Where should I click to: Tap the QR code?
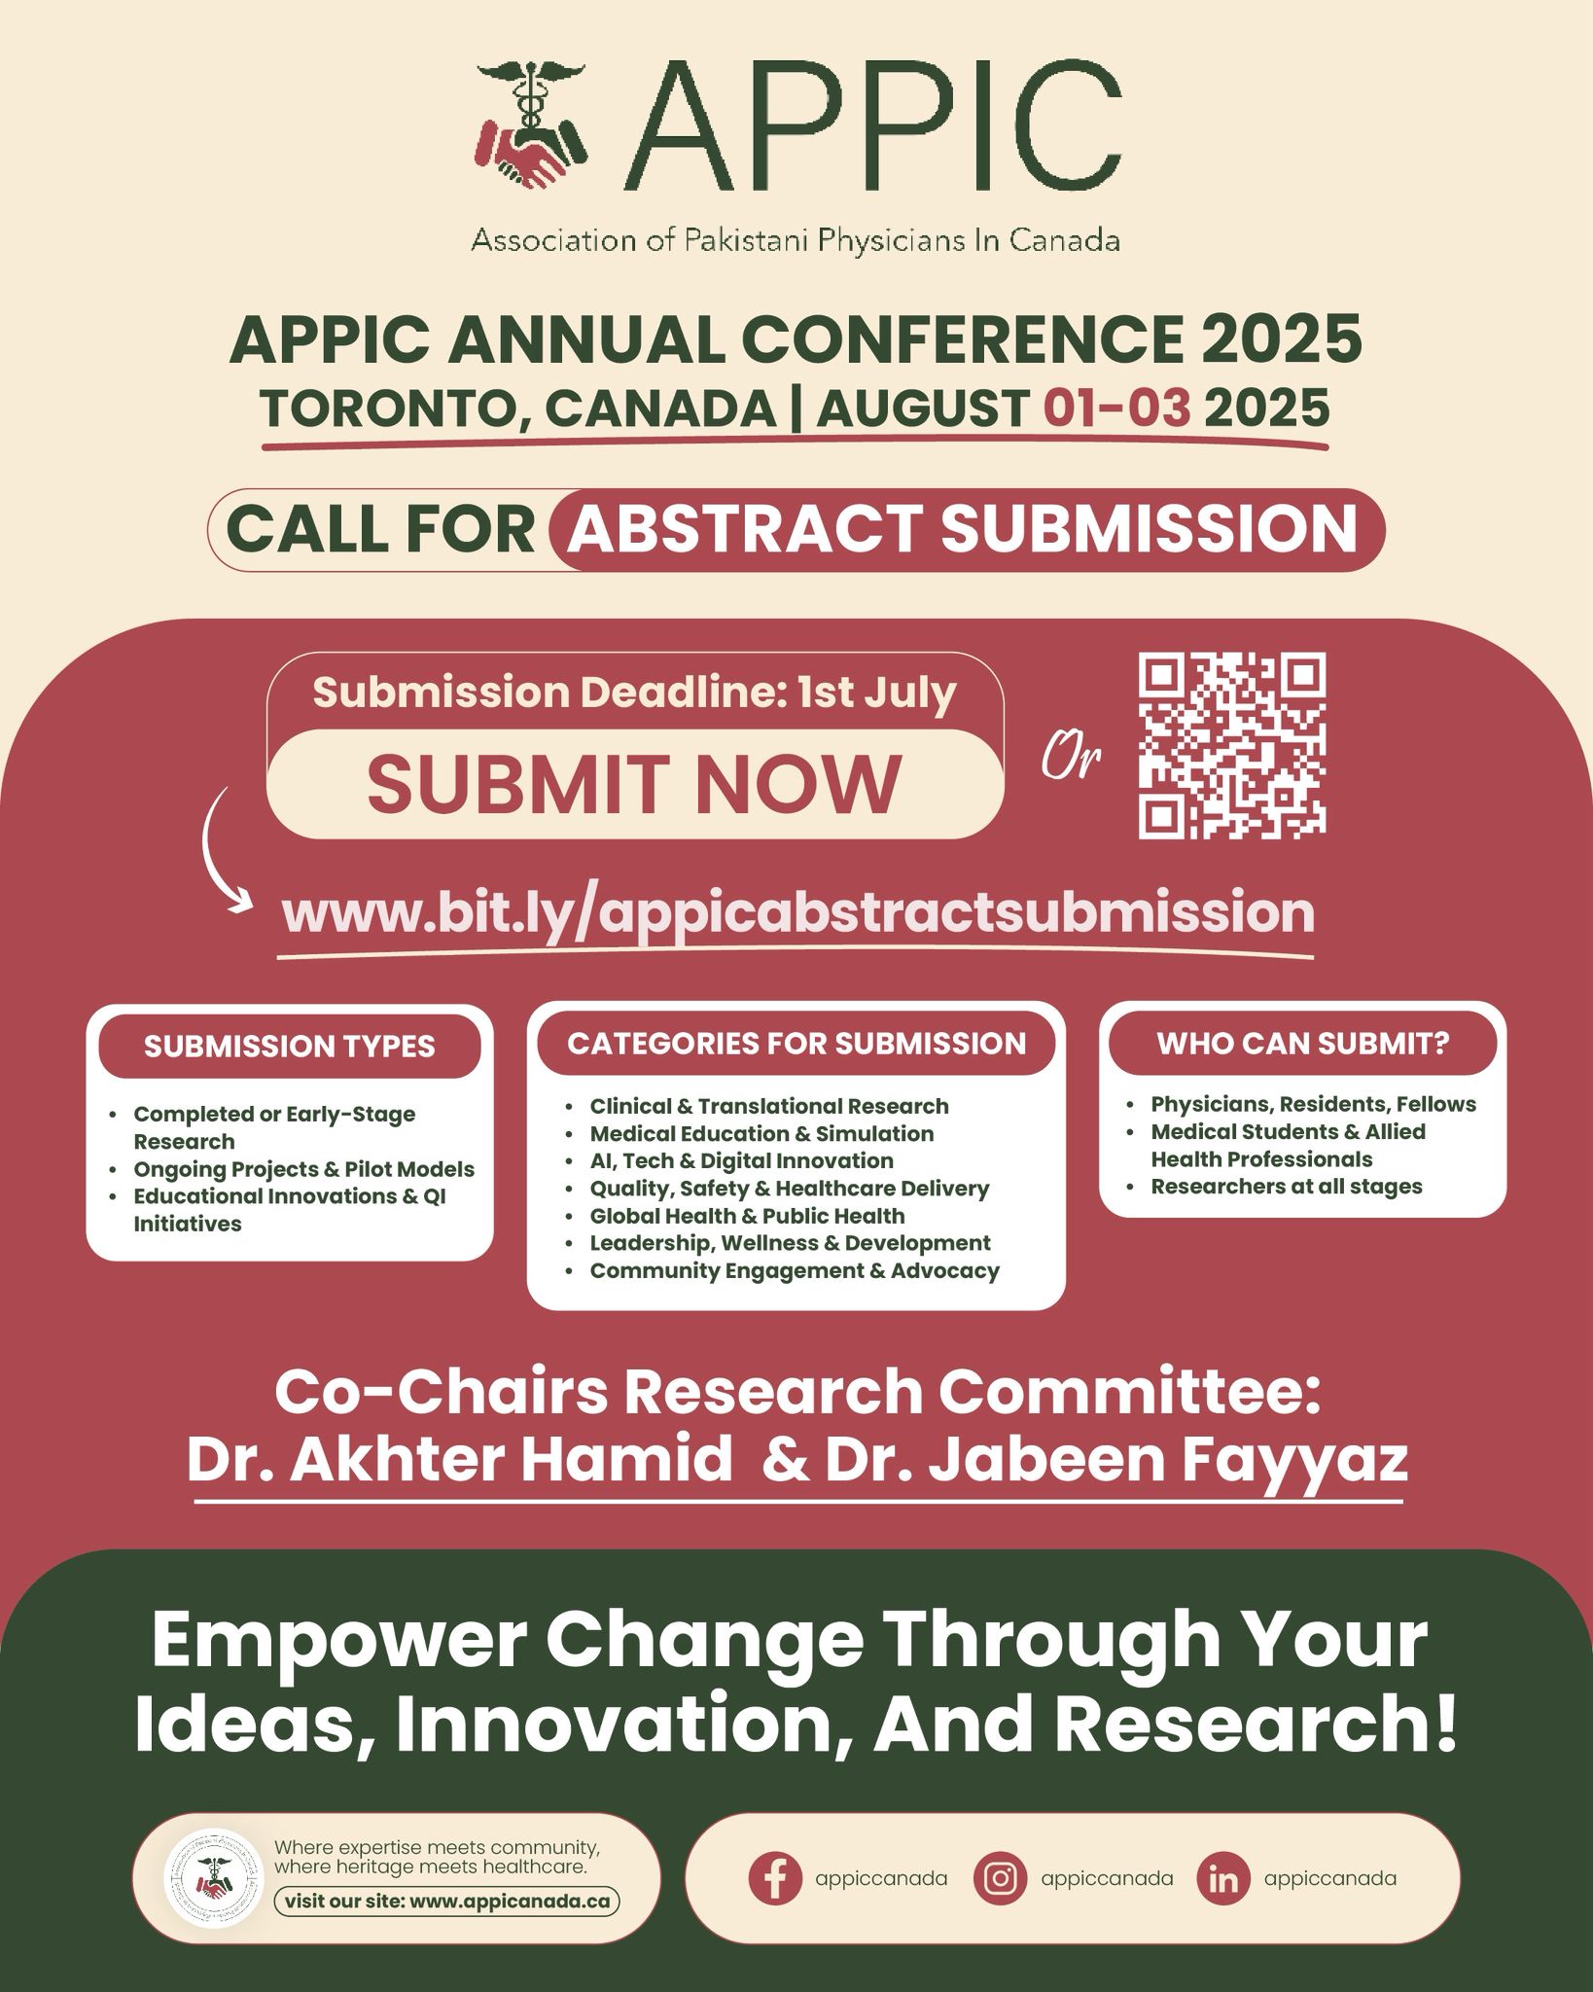click(x=1232, y=745)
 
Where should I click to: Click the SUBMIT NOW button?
click(x=634, y=784)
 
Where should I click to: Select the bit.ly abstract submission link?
click(x=797, y=912)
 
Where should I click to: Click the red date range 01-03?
click(x=1116, y=408)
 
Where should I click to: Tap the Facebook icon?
click(x=775, y=1878)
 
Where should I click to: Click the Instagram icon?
click(x=1000, y=1878)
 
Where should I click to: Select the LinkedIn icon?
click(x=1223, y=1878)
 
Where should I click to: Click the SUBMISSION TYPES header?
click(x=290, y=1047)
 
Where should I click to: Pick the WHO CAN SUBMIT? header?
click(x=1302, y=1044)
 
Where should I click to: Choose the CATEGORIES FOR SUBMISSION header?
click(x=796, y=1044)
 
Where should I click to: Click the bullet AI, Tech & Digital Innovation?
click(x=741, y=1160)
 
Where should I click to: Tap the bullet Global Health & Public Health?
click(x=747, y=1216)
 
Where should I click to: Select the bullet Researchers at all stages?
click(x=1286, y=1187)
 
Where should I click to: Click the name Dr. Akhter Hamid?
click(x=460, y=1460)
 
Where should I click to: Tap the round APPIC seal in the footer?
click(x=214, y=1878)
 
